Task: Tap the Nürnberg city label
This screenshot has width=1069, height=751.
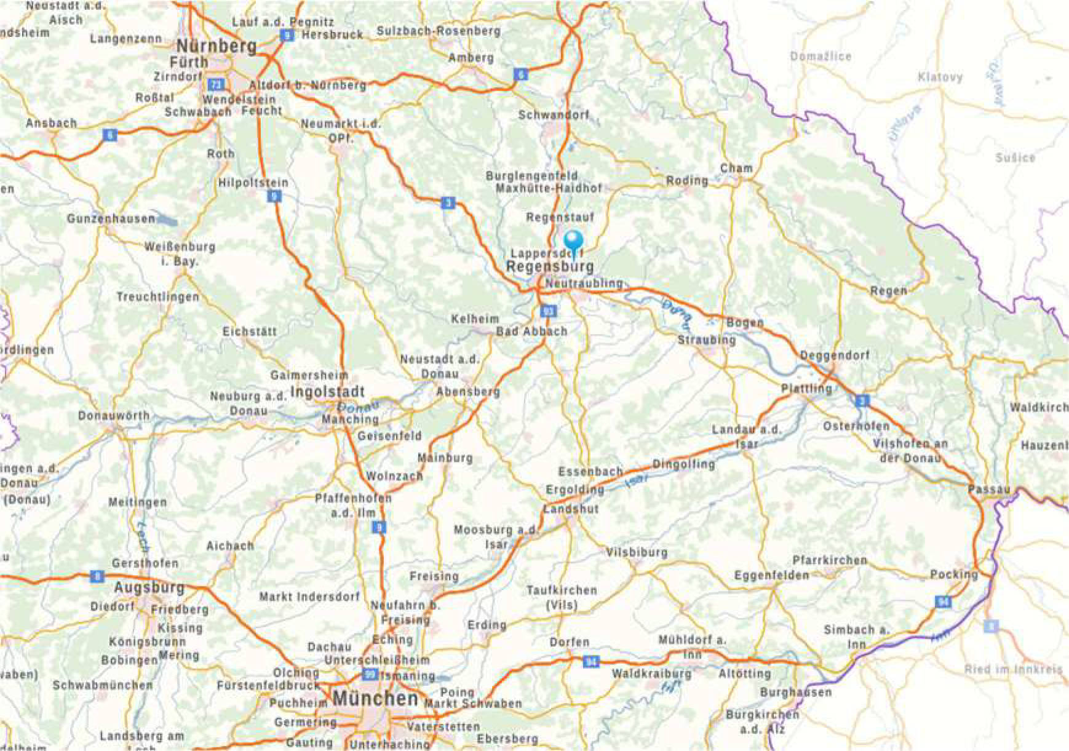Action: point(217,46)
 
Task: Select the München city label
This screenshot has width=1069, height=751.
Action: point(375,699)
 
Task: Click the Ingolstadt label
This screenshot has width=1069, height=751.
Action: point(327,392)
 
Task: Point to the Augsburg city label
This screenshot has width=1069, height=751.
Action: point(149,587)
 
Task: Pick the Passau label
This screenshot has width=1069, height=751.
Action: point(988,490)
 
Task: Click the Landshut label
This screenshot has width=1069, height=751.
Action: point(571,509)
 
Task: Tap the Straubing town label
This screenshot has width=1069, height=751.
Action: point(706,340)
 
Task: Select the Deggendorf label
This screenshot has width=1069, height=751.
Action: point(835,356)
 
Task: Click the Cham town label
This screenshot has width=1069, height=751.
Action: point(736,168)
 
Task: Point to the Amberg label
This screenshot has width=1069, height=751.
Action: point(471,58)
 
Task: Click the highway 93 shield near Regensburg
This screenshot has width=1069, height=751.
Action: point(548,311)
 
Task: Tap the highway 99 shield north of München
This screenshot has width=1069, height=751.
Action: point(370,675)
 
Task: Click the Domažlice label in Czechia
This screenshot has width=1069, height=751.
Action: point(821,57)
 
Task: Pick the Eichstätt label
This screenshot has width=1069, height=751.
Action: point(249,332)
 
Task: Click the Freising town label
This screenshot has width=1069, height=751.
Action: point(434,576)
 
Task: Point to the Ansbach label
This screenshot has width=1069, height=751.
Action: point(51,123)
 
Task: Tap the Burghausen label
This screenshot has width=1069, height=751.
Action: point(795,693)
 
